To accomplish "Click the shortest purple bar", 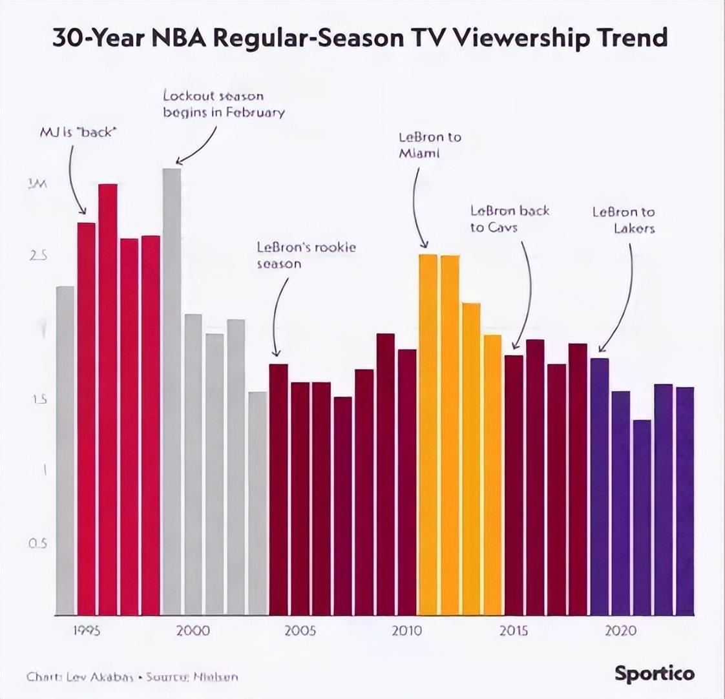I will pos(642,517).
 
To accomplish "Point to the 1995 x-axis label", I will pos(87,631).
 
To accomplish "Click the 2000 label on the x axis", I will pos(193,631).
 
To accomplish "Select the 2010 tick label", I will pos(407,631).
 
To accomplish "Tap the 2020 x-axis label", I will pos(620,631).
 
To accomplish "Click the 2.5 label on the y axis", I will pos(38,256).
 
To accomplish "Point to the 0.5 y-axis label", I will pos(37,543).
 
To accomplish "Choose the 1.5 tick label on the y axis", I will pos(38,400).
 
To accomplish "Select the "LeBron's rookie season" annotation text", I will pos(306,255).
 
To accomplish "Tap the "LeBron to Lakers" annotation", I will pos(624,220).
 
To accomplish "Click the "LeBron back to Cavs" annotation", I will pos(509,218).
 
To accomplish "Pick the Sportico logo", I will pos(655,674).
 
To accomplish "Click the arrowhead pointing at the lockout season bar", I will pos(179,161).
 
